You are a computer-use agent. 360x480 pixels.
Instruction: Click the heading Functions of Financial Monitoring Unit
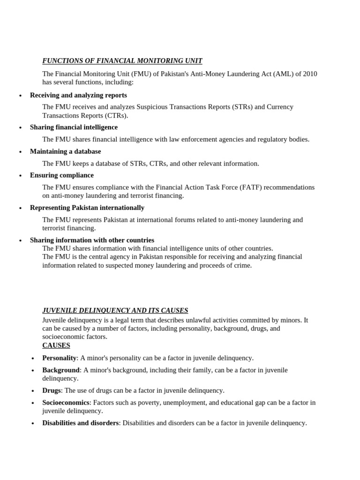[x=122, y=61]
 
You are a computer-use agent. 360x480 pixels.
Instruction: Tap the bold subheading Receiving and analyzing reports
[x=78, y=95]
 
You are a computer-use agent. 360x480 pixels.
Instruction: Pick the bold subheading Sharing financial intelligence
[x=74, y=127]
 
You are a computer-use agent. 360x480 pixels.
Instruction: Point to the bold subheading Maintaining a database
[x=65, y=151]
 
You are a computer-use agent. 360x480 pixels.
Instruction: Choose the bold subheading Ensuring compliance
[x=62, y=175]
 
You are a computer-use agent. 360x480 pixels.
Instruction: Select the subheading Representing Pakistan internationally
[x=87, y=208]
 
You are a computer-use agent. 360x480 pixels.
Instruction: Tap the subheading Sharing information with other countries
[x=92, y=240]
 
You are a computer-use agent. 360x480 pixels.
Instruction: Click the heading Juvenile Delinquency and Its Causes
[x=115, y=310]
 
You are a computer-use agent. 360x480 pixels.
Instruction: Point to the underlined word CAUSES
[x=56, y=345]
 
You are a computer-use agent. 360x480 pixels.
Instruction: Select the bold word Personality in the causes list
[x=60, y=358]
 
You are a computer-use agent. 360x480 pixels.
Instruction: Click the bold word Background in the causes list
[x=61, y=370]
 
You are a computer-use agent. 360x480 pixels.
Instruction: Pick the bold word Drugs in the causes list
[x=52, y=390]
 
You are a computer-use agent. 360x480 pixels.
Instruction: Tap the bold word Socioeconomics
[x=66, y=403]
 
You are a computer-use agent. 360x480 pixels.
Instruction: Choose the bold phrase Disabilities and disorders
[x=81, y=423]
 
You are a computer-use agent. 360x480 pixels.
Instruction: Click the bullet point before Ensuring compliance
[x=20, y=176]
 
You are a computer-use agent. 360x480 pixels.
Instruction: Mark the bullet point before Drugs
[x=32, y=391]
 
